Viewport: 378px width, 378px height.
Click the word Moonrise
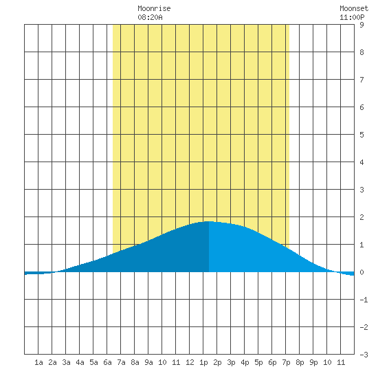coord(154,8)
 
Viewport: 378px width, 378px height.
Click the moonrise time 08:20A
coord(150,17)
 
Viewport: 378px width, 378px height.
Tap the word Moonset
coord(354,8)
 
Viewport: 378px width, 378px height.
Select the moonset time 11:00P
coord(352,17)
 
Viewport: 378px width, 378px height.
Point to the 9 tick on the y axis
coord(362,25)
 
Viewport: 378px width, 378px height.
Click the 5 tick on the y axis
coord(362,135)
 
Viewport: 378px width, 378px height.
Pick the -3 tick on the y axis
coord(364,355)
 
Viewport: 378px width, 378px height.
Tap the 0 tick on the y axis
coord(362,272)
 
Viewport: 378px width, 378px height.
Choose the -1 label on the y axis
coord(364,300)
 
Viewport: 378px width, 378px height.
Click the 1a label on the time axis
coord(38,362)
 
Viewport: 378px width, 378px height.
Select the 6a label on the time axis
coord(107,362)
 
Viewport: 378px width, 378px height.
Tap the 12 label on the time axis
coord(190,362)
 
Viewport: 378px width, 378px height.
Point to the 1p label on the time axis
coord(203,362)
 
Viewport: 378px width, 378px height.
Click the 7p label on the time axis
coord(286,362)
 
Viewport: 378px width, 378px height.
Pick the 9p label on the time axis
coord(313,362)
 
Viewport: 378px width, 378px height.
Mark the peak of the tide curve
coord(209,221)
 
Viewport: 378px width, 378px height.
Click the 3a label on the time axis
coord(66,362)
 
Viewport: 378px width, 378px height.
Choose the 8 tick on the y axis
coord(362,52)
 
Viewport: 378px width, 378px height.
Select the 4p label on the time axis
coord(245,362)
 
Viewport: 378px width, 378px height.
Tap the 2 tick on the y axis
coord(362,217)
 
